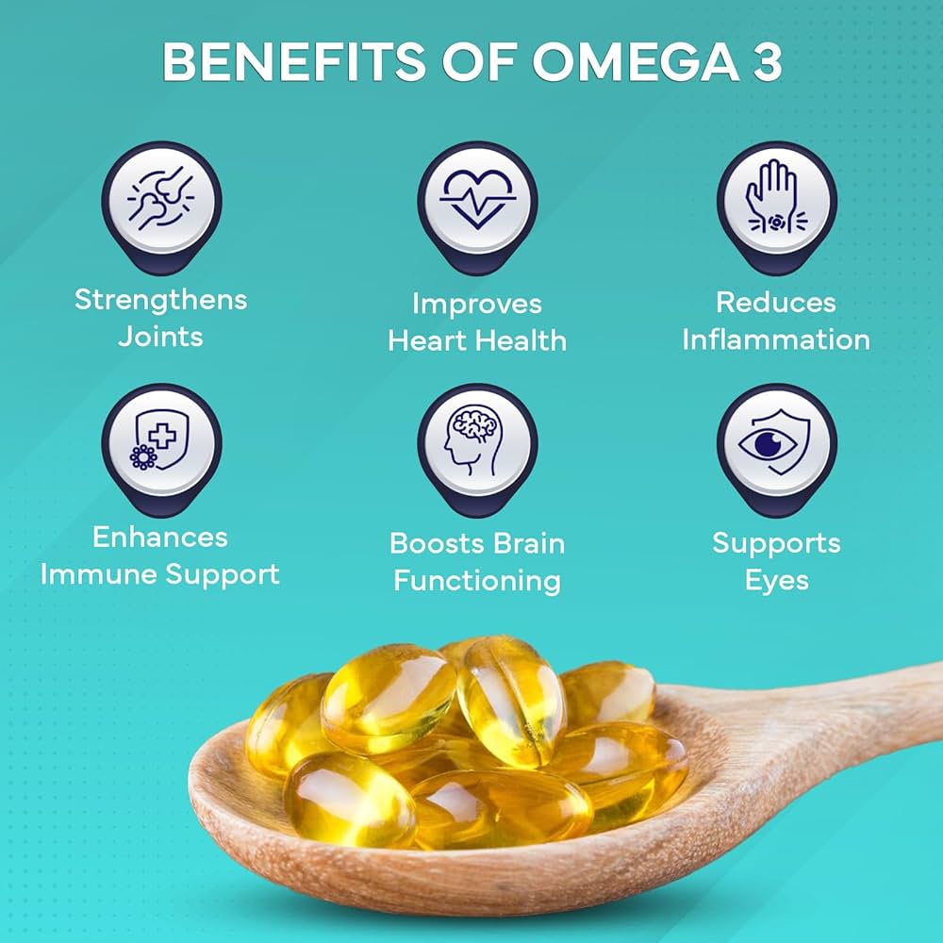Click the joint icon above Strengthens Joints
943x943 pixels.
coord(161,201)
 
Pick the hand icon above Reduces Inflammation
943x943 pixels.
coord(776,199)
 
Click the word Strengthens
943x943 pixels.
coord(161,300)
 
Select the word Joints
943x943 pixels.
coord(161,336)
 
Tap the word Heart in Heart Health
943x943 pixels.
coord(426,339)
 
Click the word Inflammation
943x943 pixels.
coord(776,339)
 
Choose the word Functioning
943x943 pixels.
coord(477,580)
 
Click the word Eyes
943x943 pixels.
coord(776,579)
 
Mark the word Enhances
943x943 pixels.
coord(161,538)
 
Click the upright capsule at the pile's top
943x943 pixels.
coord(510,698)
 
